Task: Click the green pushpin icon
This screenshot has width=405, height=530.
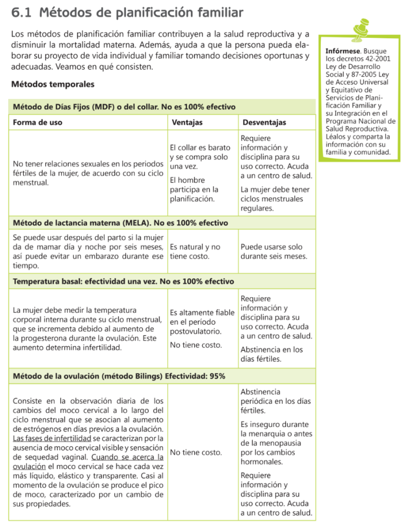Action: point(361,30)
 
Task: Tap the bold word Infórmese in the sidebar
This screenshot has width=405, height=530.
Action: point(342,52)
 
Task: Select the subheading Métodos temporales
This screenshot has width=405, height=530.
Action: point(53,84)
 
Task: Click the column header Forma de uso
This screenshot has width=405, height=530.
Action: point(37,123)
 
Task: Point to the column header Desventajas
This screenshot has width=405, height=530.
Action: point(264,123)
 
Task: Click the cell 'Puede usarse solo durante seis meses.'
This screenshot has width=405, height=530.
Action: point(274,252)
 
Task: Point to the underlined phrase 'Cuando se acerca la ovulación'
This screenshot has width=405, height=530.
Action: point(127,458)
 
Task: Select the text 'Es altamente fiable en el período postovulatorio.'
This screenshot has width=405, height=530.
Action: point(202,321)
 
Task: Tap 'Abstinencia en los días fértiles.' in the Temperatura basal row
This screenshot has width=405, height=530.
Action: point(272,354)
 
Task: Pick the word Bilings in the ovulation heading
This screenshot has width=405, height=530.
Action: point(146,376)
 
